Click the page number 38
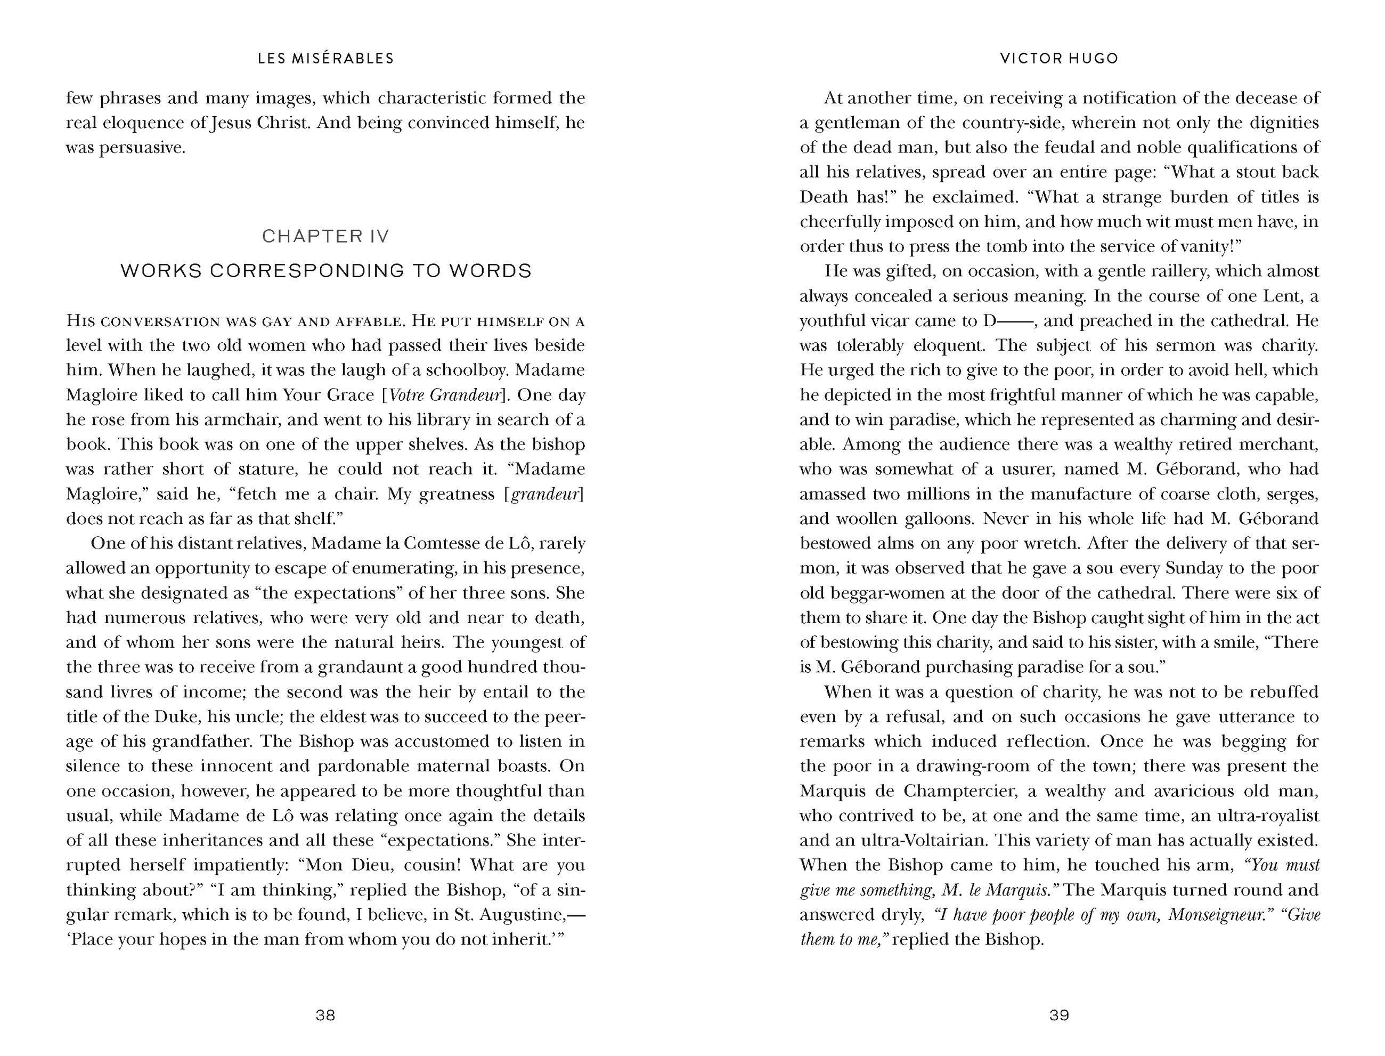[x=325, y=1014]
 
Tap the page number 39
[x=1059, y=1014]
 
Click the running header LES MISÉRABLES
[x=326, y=59]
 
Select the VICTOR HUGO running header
[x=1059, y=59]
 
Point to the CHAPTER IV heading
[x=326, y=236]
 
